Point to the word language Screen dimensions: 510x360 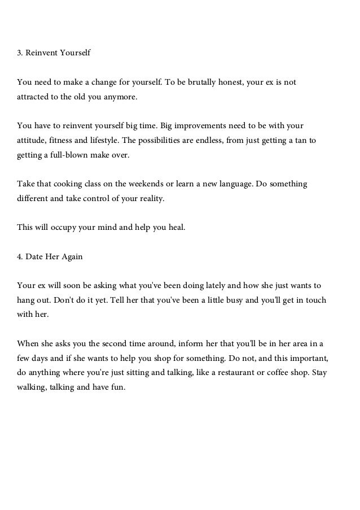(x=230, y=185)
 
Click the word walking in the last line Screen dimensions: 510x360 (x=34, y=388)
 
